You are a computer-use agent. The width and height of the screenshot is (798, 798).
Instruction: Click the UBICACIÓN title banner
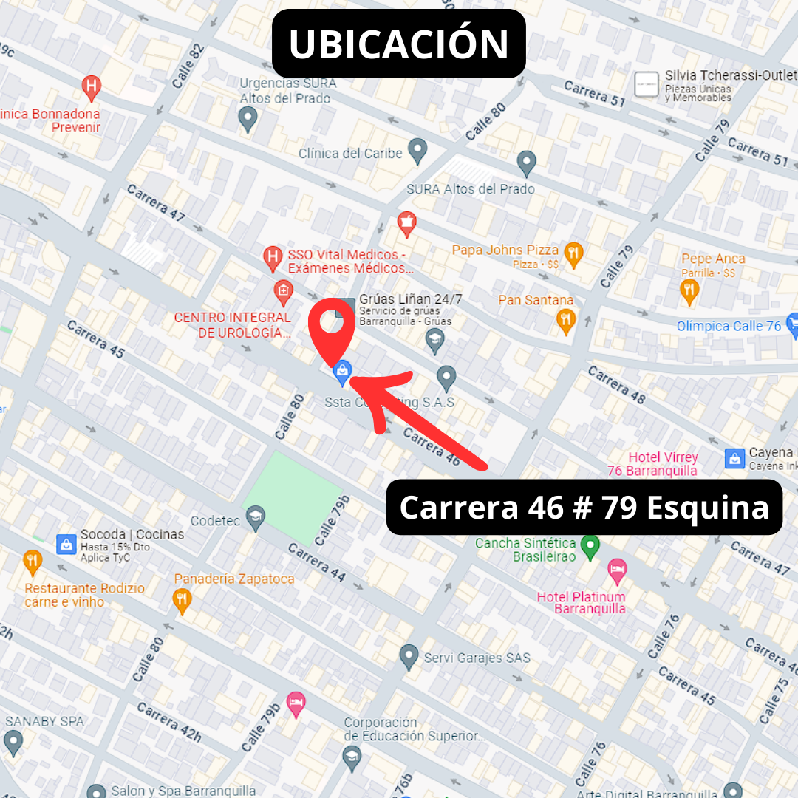point(398,44)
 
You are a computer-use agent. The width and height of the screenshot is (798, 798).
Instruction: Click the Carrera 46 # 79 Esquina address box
point(584,508)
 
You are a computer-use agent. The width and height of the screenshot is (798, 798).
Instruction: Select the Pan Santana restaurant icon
point(566,320)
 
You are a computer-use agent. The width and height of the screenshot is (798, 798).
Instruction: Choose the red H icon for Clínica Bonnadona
point(91,86)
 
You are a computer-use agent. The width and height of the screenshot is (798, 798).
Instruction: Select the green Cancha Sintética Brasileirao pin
point(589,547)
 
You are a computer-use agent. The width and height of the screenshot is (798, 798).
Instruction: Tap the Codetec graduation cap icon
point(256,515)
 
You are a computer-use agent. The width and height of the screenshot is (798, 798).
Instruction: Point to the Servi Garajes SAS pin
point(409,655)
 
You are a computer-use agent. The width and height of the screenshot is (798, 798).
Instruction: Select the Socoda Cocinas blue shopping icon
point(66,545)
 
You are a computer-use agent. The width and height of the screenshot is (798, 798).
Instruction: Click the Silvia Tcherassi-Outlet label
point(730,75)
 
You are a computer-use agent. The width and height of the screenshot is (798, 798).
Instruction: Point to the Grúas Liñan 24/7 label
point(410,299)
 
